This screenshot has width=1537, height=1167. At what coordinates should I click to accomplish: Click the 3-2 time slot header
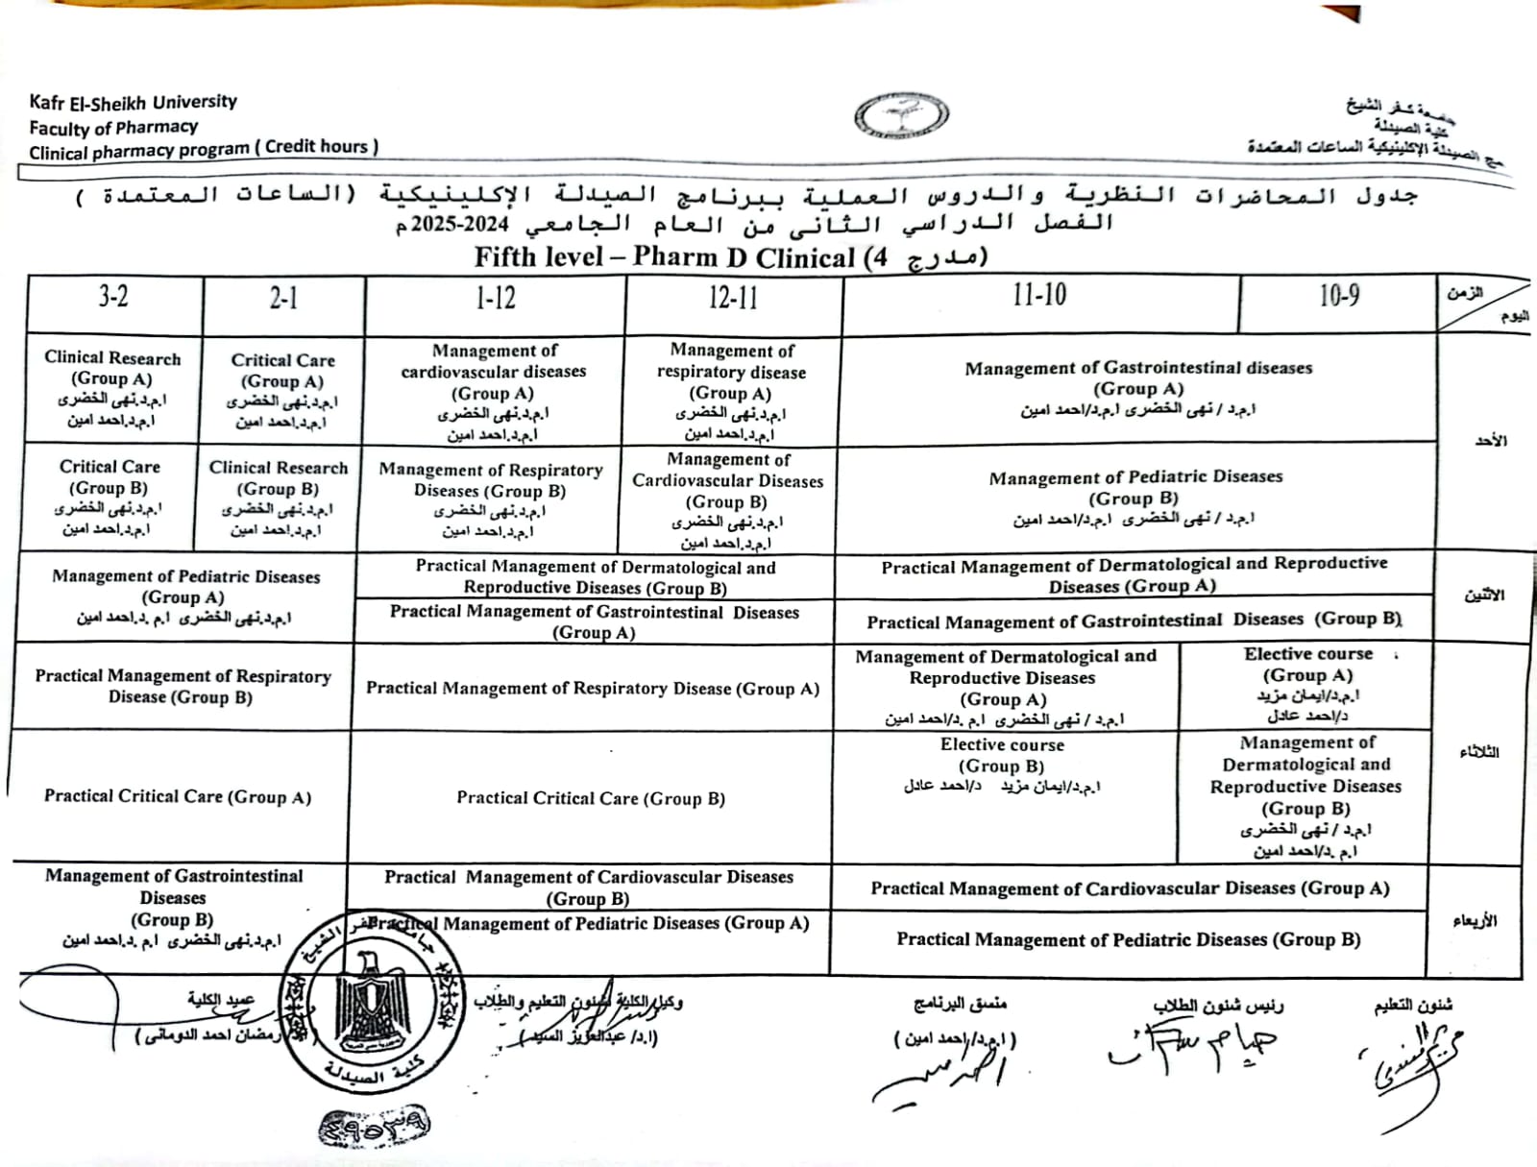point(113,297)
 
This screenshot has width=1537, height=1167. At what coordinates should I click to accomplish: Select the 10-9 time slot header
point(1338,296)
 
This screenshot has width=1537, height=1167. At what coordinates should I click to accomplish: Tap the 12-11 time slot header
point(733,298)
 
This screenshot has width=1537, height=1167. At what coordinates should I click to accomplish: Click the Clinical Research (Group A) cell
point(112,388)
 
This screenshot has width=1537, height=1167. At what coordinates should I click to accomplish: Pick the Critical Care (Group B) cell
point(110,497)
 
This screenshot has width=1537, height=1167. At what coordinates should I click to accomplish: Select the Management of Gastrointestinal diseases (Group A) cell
point(1138,388)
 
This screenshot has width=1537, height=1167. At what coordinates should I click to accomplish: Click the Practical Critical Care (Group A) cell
point(178,796)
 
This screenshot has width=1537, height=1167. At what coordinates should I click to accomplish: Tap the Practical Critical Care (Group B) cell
point(590,798)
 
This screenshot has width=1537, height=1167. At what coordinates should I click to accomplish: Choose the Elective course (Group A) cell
point(1307,684)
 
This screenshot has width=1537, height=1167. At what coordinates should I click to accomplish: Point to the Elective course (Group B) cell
point(1002,765)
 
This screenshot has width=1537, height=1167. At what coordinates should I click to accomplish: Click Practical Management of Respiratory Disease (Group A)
point(592,689)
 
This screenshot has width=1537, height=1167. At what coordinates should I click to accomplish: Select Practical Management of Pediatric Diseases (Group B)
point(1129,939)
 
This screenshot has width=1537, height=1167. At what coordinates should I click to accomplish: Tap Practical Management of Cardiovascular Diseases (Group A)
point(1130,888)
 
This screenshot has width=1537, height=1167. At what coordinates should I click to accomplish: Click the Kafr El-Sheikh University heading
point(133,102)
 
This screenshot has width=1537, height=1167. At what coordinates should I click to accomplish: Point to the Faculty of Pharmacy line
point(113,127)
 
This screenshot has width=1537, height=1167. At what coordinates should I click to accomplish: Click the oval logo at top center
point(901,117)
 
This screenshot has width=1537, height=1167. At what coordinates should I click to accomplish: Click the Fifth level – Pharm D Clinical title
point(730,257)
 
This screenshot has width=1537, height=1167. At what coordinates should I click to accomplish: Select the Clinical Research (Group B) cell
point(279,498)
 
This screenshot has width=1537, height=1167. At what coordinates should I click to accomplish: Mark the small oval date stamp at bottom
point(374,1125)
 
